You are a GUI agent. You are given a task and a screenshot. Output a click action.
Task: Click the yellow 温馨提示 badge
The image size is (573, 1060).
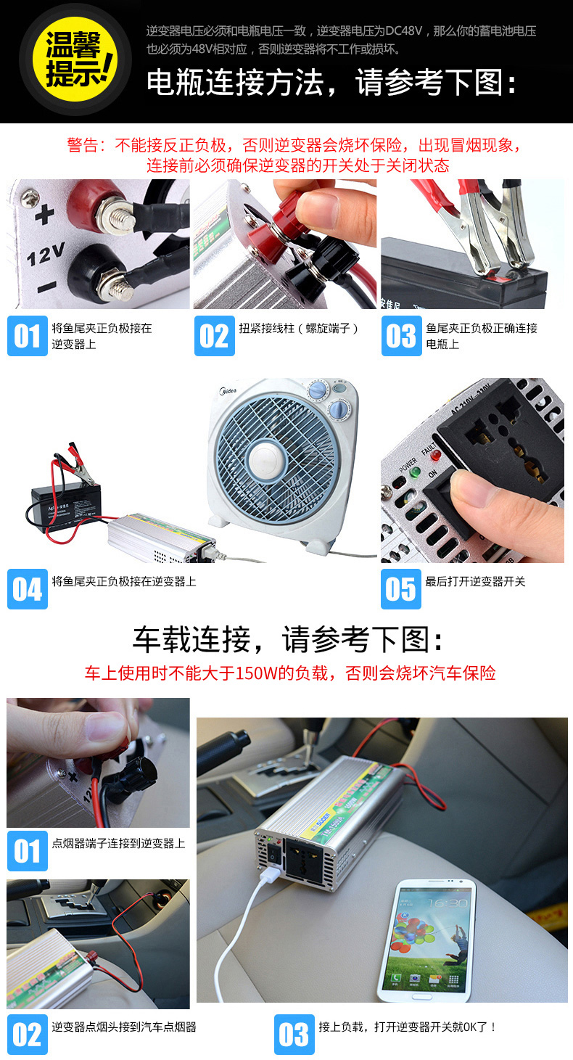[74, 59]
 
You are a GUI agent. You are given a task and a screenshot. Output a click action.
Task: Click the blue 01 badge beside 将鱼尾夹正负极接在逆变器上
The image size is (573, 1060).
[28, 336]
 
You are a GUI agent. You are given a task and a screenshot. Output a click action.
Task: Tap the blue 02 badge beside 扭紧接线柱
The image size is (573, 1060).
[215, 336]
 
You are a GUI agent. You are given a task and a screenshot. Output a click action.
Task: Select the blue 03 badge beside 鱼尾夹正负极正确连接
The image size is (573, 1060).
[401, 336]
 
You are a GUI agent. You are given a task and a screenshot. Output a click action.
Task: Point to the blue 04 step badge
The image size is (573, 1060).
[28, 588]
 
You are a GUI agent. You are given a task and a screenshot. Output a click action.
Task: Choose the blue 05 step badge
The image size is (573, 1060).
[401, 588]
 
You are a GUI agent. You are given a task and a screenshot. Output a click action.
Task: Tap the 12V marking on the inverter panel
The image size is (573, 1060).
[46, 255]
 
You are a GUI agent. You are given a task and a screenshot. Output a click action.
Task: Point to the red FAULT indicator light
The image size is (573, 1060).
[435, 456]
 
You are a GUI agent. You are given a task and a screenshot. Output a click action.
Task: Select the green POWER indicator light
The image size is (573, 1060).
[416, 472]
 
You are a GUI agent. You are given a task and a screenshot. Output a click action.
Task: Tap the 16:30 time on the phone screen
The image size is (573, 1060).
[448, 903]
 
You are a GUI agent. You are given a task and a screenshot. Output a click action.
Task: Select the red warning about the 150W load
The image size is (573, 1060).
[290, 673]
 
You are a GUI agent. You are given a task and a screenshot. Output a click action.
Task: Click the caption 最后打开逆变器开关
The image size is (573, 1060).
[475, 581]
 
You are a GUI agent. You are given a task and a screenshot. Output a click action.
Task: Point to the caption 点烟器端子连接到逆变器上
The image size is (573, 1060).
[118, 843]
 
